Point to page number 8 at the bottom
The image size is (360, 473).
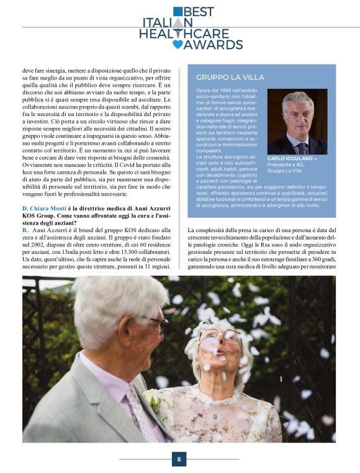tap(179, 459)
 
